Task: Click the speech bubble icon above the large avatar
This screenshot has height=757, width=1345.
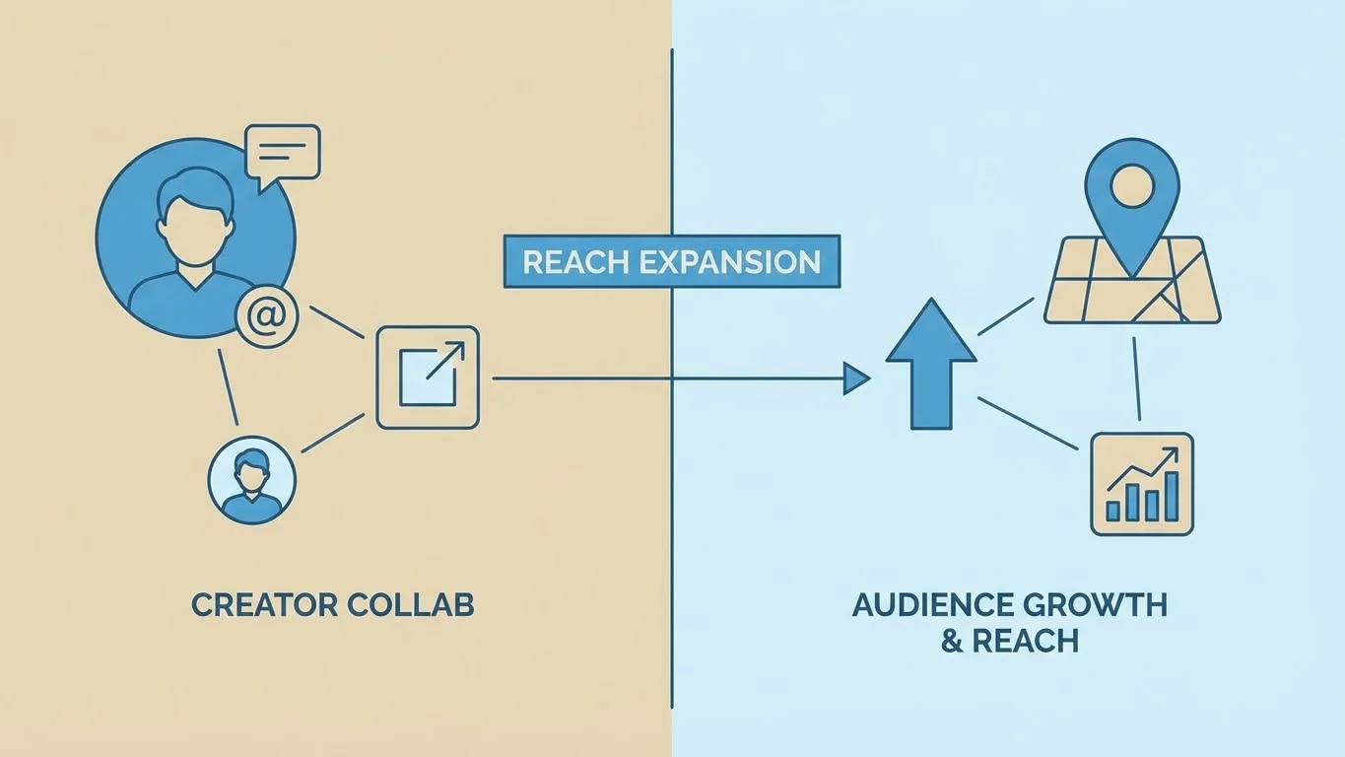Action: [x=284, y=153]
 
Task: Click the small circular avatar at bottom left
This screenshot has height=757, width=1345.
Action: [x=251, y=481]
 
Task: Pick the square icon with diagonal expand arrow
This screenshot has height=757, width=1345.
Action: [x=428, y=378]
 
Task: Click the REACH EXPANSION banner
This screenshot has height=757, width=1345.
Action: [x=671, y=261]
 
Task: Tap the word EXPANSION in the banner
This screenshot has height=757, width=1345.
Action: [x=729, y=262]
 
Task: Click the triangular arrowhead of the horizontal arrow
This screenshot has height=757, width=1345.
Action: [x=855, y=378]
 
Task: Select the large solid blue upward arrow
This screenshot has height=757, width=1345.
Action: [x=930, y=365]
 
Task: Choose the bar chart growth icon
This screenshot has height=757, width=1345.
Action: [x=1141, y=484]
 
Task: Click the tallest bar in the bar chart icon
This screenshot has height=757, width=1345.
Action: [x=1171, y=497]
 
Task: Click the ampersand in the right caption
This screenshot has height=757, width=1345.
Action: [x=951, y=641]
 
